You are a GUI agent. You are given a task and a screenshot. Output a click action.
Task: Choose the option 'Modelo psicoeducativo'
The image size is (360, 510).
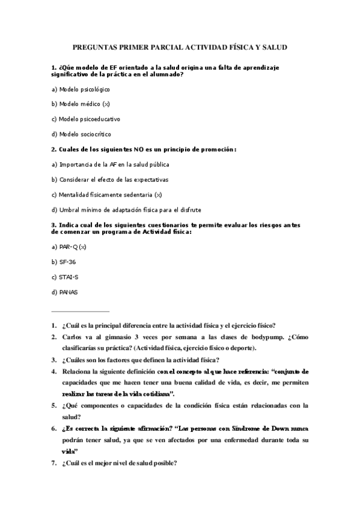tap(85, 119)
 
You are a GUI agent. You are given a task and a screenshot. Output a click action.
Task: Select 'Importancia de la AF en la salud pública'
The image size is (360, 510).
tap(110, 164)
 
